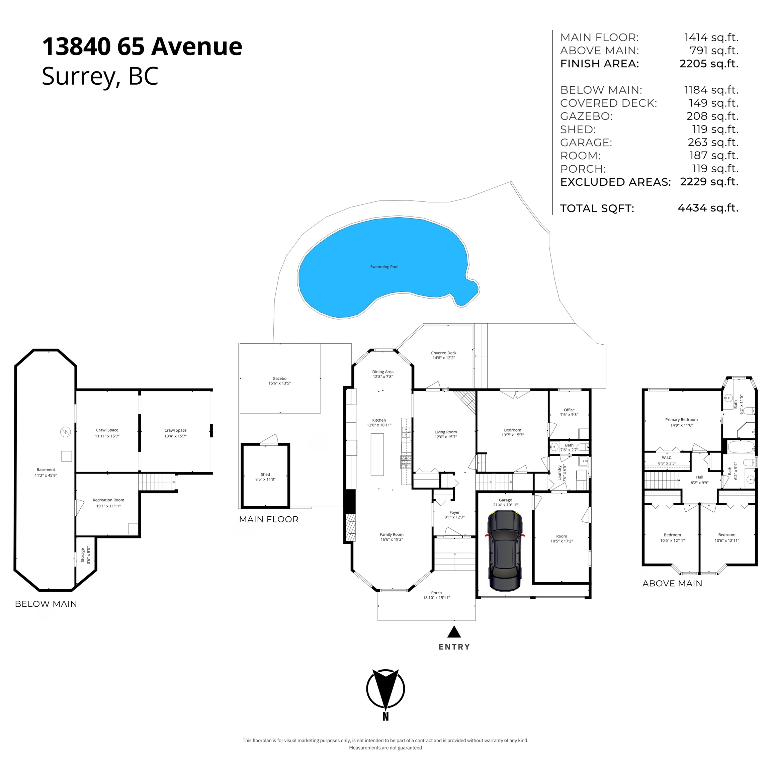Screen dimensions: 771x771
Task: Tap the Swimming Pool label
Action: [384, 267]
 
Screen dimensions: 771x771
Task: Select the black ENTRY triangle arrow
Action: [454, 632]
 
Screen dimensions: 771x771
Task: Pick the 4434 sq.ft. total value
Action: [708, 208]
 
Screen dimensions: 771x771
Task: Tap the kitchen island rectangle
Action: [377, 454]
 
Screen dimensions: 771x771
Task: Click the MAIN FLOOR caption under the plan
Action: [269, 519]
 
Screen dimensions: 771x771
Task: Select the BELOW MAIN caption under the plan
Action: [46, 604]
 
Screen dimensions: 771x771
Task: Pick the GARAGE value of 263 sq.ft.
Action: [713, 142]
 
